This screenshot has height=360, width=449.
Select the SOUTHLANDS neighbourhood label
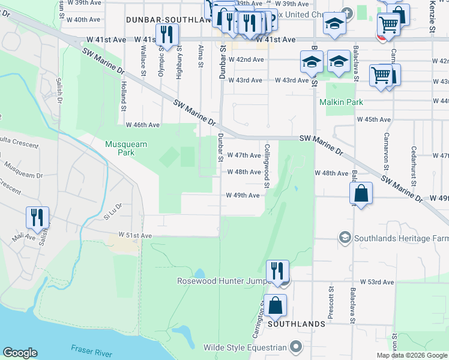297,324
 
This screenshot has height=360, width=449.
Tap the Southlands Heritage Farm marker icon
344,238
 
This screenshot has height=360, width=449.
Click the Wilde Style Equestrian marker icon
295,347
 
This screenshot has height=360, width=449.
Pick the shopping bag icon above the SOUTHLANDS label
275,305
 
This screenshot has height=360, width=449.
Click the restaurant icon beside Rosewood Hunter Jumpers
277,271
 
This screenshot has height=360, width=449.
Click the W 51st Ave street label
135,235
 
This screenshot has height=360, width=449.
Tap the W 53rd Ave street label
377,281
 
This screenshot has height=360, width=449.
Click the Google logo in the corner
20,353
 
